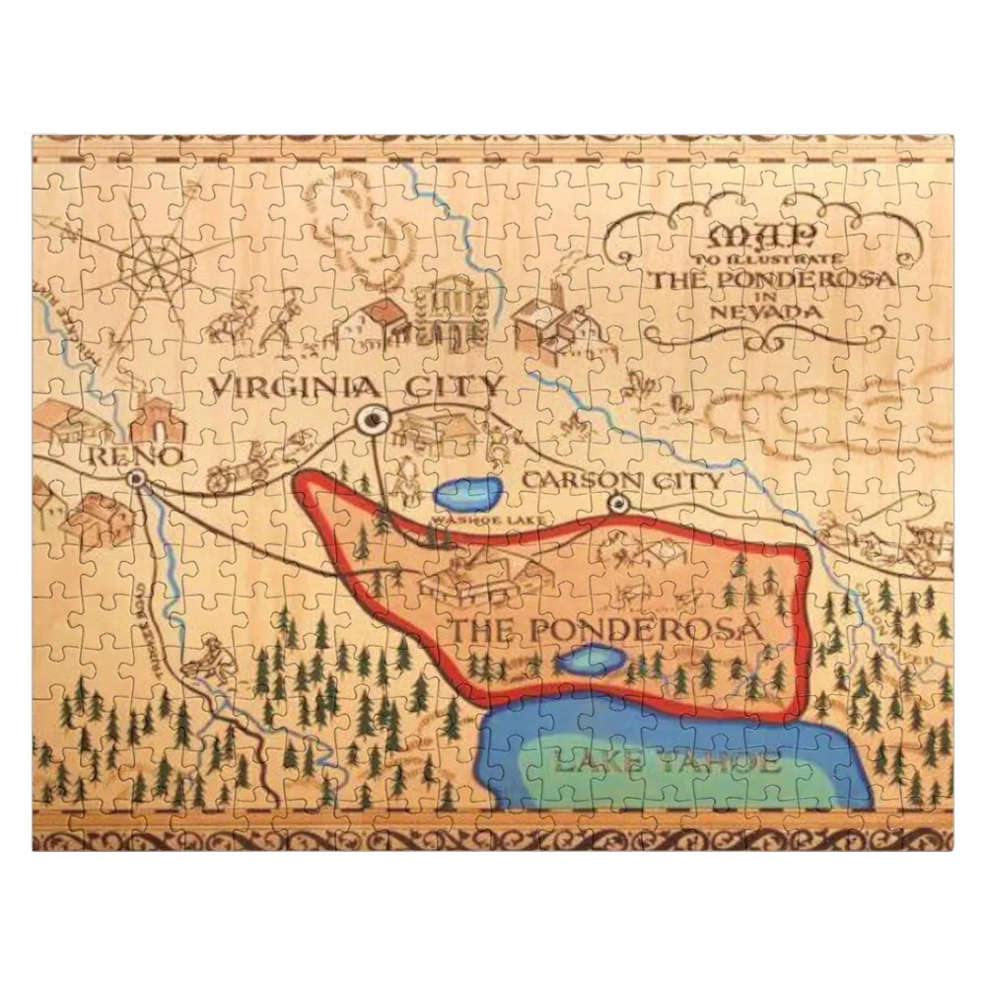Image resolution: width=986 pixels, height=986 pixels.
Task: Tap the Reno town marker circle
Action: (x=136, y=478)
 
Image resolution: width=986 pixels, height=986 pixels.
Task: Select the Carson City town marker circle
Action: (x=618, y=504)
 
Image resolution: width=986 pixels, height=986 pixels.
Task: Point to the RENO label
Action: (x=134, y=455)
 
